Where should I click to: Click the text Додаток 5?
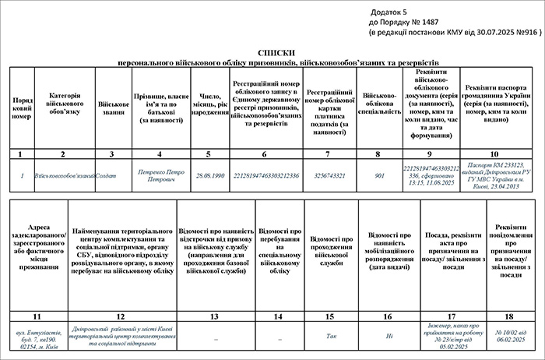389,13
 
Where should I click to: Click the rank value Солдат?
107,176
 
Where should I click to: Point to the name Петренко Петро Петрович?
160,176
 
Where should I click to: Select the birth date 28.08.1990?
209,176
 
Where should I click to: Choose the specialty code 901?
379,176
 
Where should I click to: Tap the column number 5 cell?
209,154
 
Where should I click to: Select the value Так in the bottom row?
330,337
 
